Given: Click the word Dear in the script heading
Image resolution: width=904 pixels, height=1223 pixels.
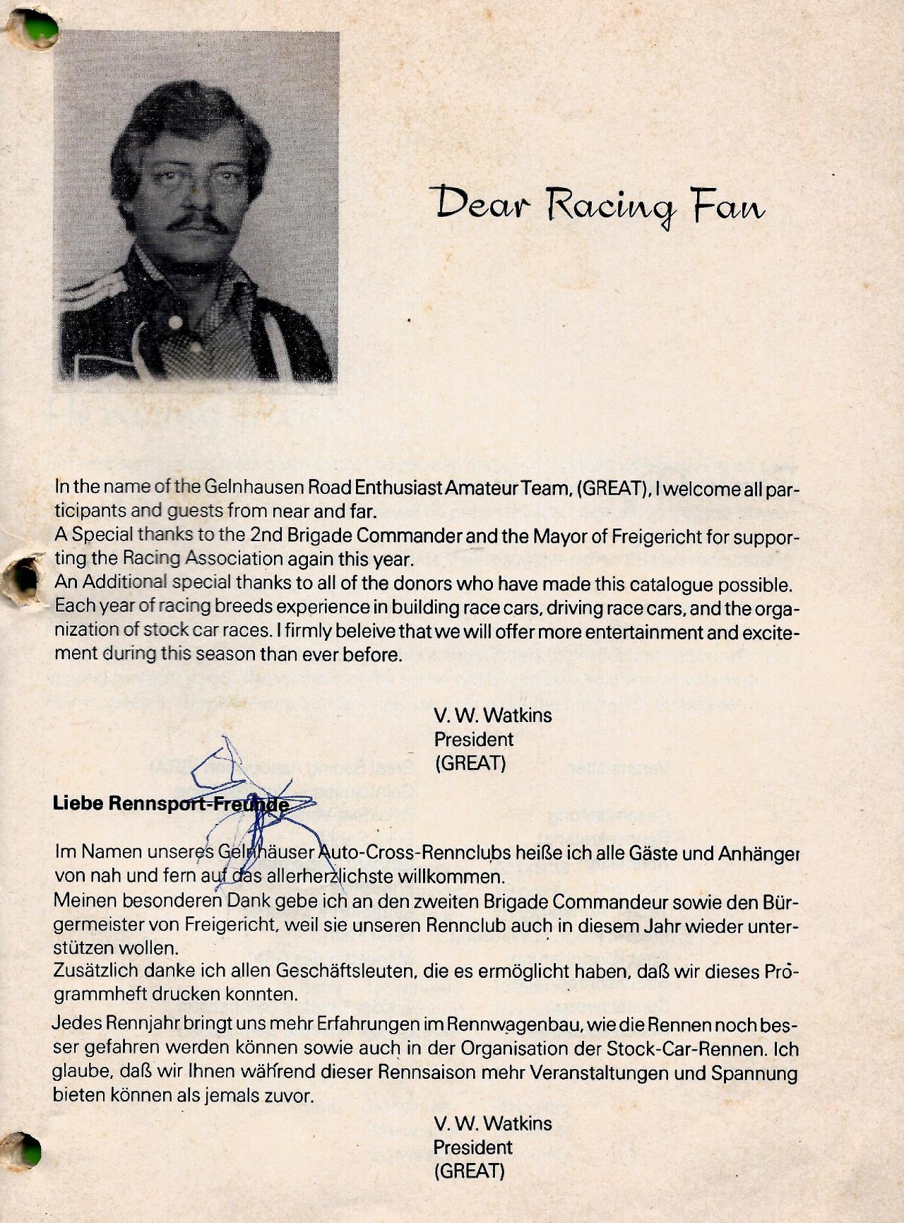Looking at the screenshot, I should pos(470,205).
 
